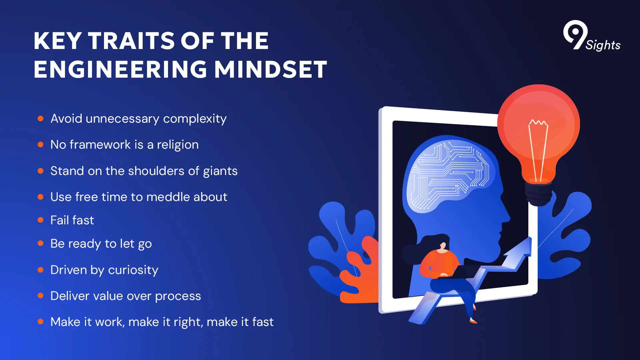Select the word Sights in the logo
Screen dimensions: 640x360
[603, 45]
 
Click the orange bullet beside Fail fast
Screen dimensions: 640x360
[41, 220]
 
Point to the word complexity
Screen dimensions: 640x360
[195, 119]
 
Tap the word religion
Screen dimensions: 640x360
[178, 145]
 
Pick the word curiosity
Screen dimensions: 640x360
[133, 270]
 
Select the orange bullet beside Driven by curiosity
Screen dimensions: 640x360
[41, 270]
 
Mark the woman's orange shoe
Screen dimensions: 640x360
[473, 321]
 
